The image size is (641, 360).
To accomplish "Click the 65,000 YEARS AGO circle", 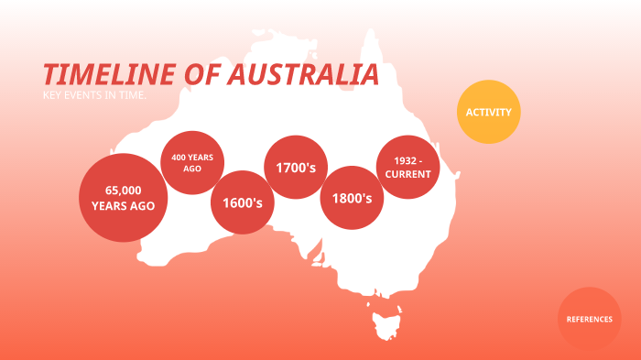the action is [x=123, y=198].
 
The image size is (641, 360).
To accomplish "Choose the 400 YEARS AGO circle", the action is [x=192, y=162].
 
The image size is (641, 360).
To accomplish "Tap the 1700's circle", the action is [x=296, y=168].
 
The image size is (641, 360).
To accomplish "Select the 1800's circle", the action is [x=352, y=197].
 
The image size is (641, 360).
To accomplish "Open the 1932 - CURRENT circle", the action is [x=408, y=168].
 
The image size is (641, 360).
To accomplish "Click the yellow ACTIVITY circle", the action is [x=488, y=112].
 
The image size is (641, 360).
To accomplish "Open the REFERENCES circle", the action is [x=589, y=319].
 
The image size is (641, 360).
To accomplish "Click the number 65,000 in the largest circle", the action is [x=123, y=190].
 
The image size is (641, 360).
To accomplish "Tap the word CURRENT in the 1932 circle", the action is [x=408, y=174].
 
